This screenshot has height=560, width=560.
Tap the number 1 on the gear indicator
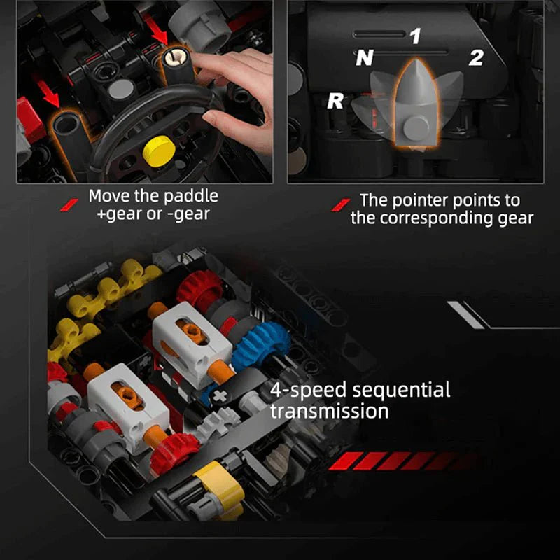[x=416, y=36]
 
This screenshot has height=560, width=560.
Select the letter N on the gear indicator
[x=364, y=59]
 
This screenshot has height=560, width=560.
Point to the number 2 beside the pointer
[x=476, y=58]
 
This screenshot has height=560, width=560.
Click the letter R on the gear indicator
[x=336, y=101]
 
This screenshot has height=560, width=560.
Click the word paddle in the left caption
[x=190, y=196]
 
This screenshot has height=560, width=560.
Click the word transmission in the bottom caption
[x=329, y=411]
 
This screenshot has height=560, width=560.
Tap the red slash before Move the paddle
[x=71, y=203]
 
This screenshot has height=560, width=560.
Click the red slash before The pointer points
[x=342, y=204]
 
